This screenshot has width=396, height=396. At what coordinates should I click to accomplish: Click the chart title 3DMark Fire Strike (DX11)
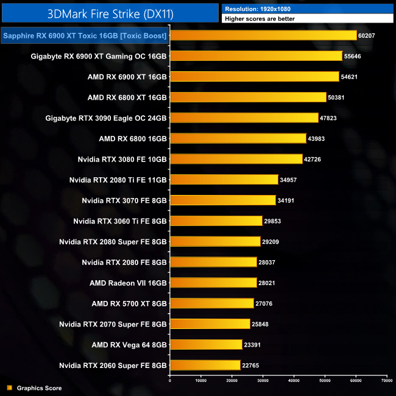[110, 13]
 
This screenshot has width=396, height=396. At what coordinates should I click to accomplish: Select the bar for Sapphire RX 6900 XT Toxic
[263, 35]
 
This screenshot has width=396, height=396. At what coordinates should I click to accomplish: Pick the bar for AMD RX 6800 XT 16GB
[247, 97]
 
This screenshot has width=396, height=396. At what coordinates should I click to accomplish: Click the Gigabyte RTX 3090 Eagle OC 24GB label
[106, 118]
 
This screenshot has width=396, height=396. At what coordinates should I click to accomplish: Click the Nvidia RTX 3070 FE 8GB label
[124, 200]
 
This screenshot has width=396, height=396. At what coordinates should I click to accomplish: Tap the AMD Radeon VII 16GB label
[128, 283]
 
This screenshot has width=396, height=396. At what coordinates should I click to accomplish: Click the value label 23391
[254, 345]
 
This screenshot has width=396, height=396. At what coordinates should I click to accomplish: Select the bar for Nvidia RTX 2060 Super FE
[205, 366]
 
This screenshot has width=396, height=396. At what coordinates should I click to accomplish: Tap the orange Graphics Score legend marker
[9, 387]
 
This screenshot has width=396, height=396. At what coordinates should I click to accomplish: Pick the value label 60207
[370, 36]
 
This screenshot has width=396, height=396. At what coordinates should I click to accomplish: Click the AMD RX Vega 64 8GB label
[129, 345]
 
